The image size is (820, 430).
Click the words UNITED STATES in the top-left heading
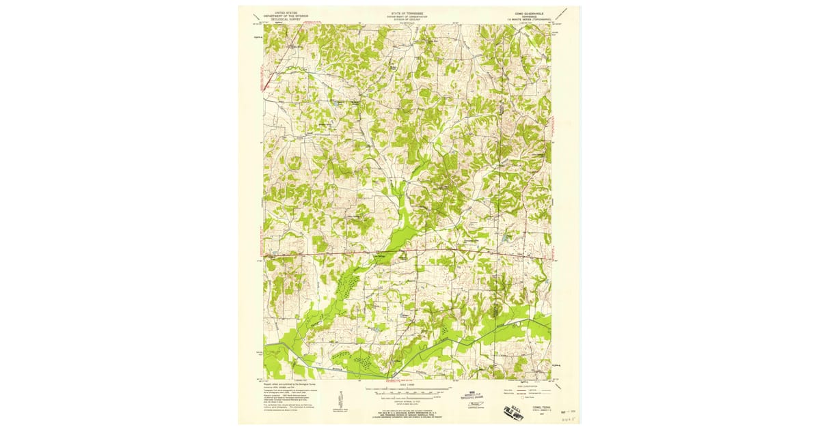pos(286,12)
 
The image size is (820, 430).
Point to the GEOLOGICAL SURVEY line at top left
pos(286,19)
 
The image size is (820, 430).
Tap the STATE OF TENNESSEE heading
pos(407,12)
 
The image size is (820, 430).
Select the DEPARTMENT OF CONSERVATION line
pos(407,16)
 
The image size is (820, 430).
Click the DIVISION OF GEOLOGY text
pos(407,19)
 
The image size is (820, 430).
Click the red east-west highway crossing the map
pos(410,251)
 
